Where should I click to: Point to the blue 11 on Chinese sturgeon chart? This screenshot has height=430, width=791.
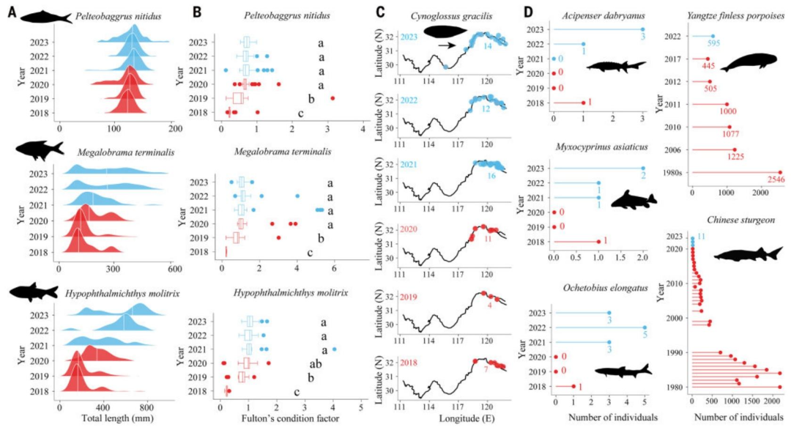coord(702,237)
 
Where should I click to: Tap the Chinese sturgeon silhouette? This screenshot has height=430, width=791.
coord(747,254)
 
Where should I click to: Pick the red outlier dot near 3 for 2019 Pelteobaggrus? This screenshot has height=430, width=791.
coord(333,98)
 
